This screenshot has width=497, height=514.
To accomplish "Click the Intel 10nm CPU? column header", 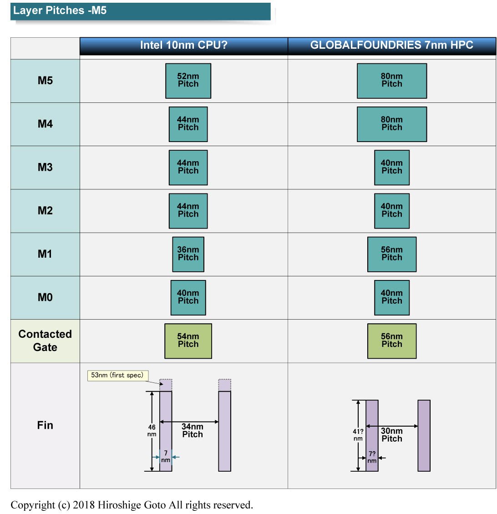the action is click(x=183, y=45).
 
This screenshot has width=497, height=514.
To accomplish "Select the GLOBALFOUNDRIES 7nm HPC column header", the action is click(x=392, y=45).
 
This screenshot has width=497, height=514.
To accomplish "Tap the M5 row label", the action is click(x=45, y=81).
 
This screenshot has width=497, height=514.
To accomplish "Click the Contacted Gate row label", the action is click(x=45, y=341).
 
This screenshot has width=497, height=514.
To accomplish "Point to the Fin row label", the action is click(x=45, y=425).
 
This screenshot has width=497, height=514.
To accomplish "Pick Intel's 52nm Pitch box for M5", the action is click(x=188, y=81).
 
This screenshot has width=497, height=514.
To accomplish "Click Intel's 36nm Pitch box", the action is click(x=188, y=254).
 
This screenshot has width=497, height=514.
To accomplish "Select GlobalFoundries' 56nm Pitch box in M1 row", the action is click(x=392, y=254).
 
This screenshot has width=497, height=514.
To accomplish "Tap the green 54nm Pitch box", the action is click(x=188, y=341).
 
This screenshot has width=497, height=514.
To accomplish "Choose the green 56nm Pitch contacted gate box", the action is click(x=392, y=341).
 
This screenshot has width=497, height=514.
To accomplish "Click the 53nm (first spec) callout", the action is click(x=117, y=375).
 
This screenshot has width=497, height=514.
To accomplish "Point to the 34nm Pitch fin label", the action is click(x=193, y=430).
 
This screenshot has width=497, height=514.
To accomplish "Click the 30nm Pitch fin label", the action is click(x=392, y=435).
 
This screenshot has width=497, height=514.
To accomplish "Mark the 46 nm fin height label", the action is click(x=152, y=431).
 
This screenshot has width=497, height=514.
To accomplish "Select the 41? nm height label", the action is click(x=358, y=435).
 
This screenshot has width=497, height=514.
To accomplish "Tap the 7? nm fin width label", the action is click(x=372, y=457).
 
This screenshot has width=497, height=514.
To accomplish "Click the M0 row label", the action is click(x=45, y=297).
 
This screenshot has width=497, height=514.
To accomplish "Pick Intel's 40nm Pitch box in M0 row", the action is click(x=188, y=298).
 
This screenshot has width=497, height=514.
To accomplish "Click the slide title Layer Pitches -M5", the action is click(x=60, y=10).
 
